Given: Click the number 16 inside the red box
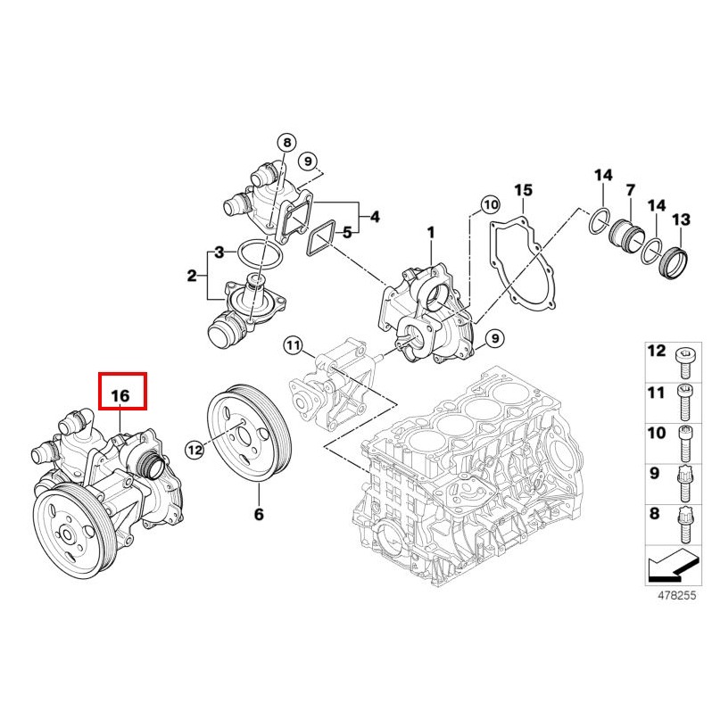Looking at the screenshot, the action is [120, 395].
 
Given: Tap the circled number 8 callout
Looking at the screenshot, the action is [286, 143].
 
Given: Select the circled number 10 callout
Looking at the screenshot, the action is [491, 205].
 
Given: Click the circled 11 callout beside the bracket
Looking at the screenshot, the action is [294, 345].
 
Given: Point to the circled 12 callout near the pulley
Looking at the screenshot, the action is [195, 450].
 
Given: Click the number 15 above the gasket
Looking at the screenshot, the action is [523, 190].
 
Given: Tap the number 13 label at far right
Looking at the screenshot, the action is [681, 219].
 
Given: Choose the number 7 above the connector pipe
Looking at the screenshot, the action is [630, 190].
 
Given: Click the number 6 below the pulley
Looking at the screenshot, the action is [259, 514].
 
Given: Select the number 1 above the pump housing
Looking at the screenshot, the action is [431, 233].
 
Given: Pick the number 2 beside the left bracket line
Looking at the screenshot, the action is [192, 276].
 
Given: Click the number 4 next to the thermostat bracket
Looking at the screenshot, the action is [375, 217].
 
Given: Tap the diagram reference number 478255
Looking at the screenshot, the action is [676, 595].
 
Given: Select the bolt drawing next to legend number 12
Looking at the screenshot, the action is [684, 363].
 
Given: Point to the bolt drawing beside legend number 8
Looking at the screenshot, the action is [684, 526].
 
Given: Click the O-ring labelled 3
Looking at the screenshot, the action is [261, 256].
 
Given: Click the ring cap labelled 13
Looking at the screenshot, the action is [674, 263].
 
